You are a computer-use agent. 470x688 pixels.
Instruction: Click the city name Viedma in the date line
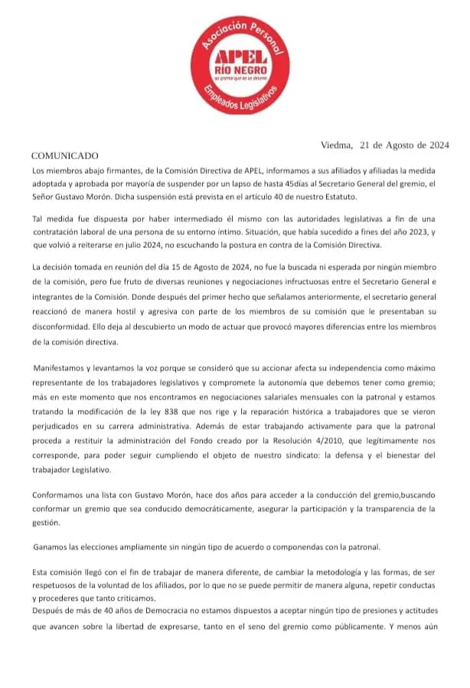[336, 145]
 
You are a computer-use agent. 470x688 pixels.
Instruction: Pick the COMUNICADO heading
[65, 155]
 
